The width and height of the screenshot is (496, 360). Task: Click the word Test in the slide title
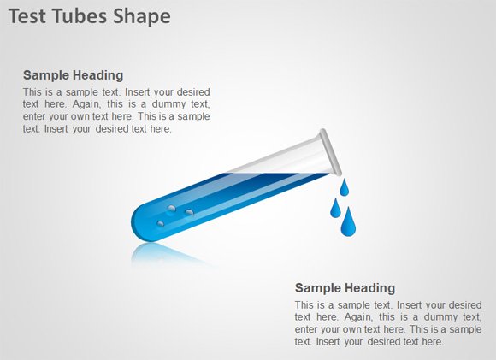coord(28,16)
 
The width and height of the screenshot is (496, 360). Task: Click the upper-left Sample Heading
coord(73,75)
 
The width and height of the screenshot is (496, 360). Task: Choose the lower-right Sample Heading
coord(345,288)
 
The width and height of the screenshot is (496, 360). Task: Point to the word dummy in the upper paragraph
coord(158,104)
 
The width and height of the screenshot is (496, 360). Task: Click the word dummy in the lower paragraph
coord(430,316)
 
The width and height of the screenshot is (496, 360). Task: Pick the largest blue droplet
coord(348,223)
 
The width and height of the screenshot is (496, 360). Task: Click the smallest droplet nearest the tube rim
coord(344,186)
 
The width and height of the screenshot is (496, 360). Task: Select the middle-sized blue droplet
coord(336,208)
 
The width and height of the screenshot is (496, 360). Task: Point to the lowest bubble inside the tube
coord(160,224)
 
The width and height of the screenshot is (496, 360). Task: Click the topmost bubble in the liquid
coord(171,209)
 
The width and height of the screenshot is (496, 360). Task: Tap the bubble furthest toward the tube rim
coord(189,212)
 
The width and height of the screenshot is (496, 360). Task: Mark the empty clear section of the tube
coord(282,160)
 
